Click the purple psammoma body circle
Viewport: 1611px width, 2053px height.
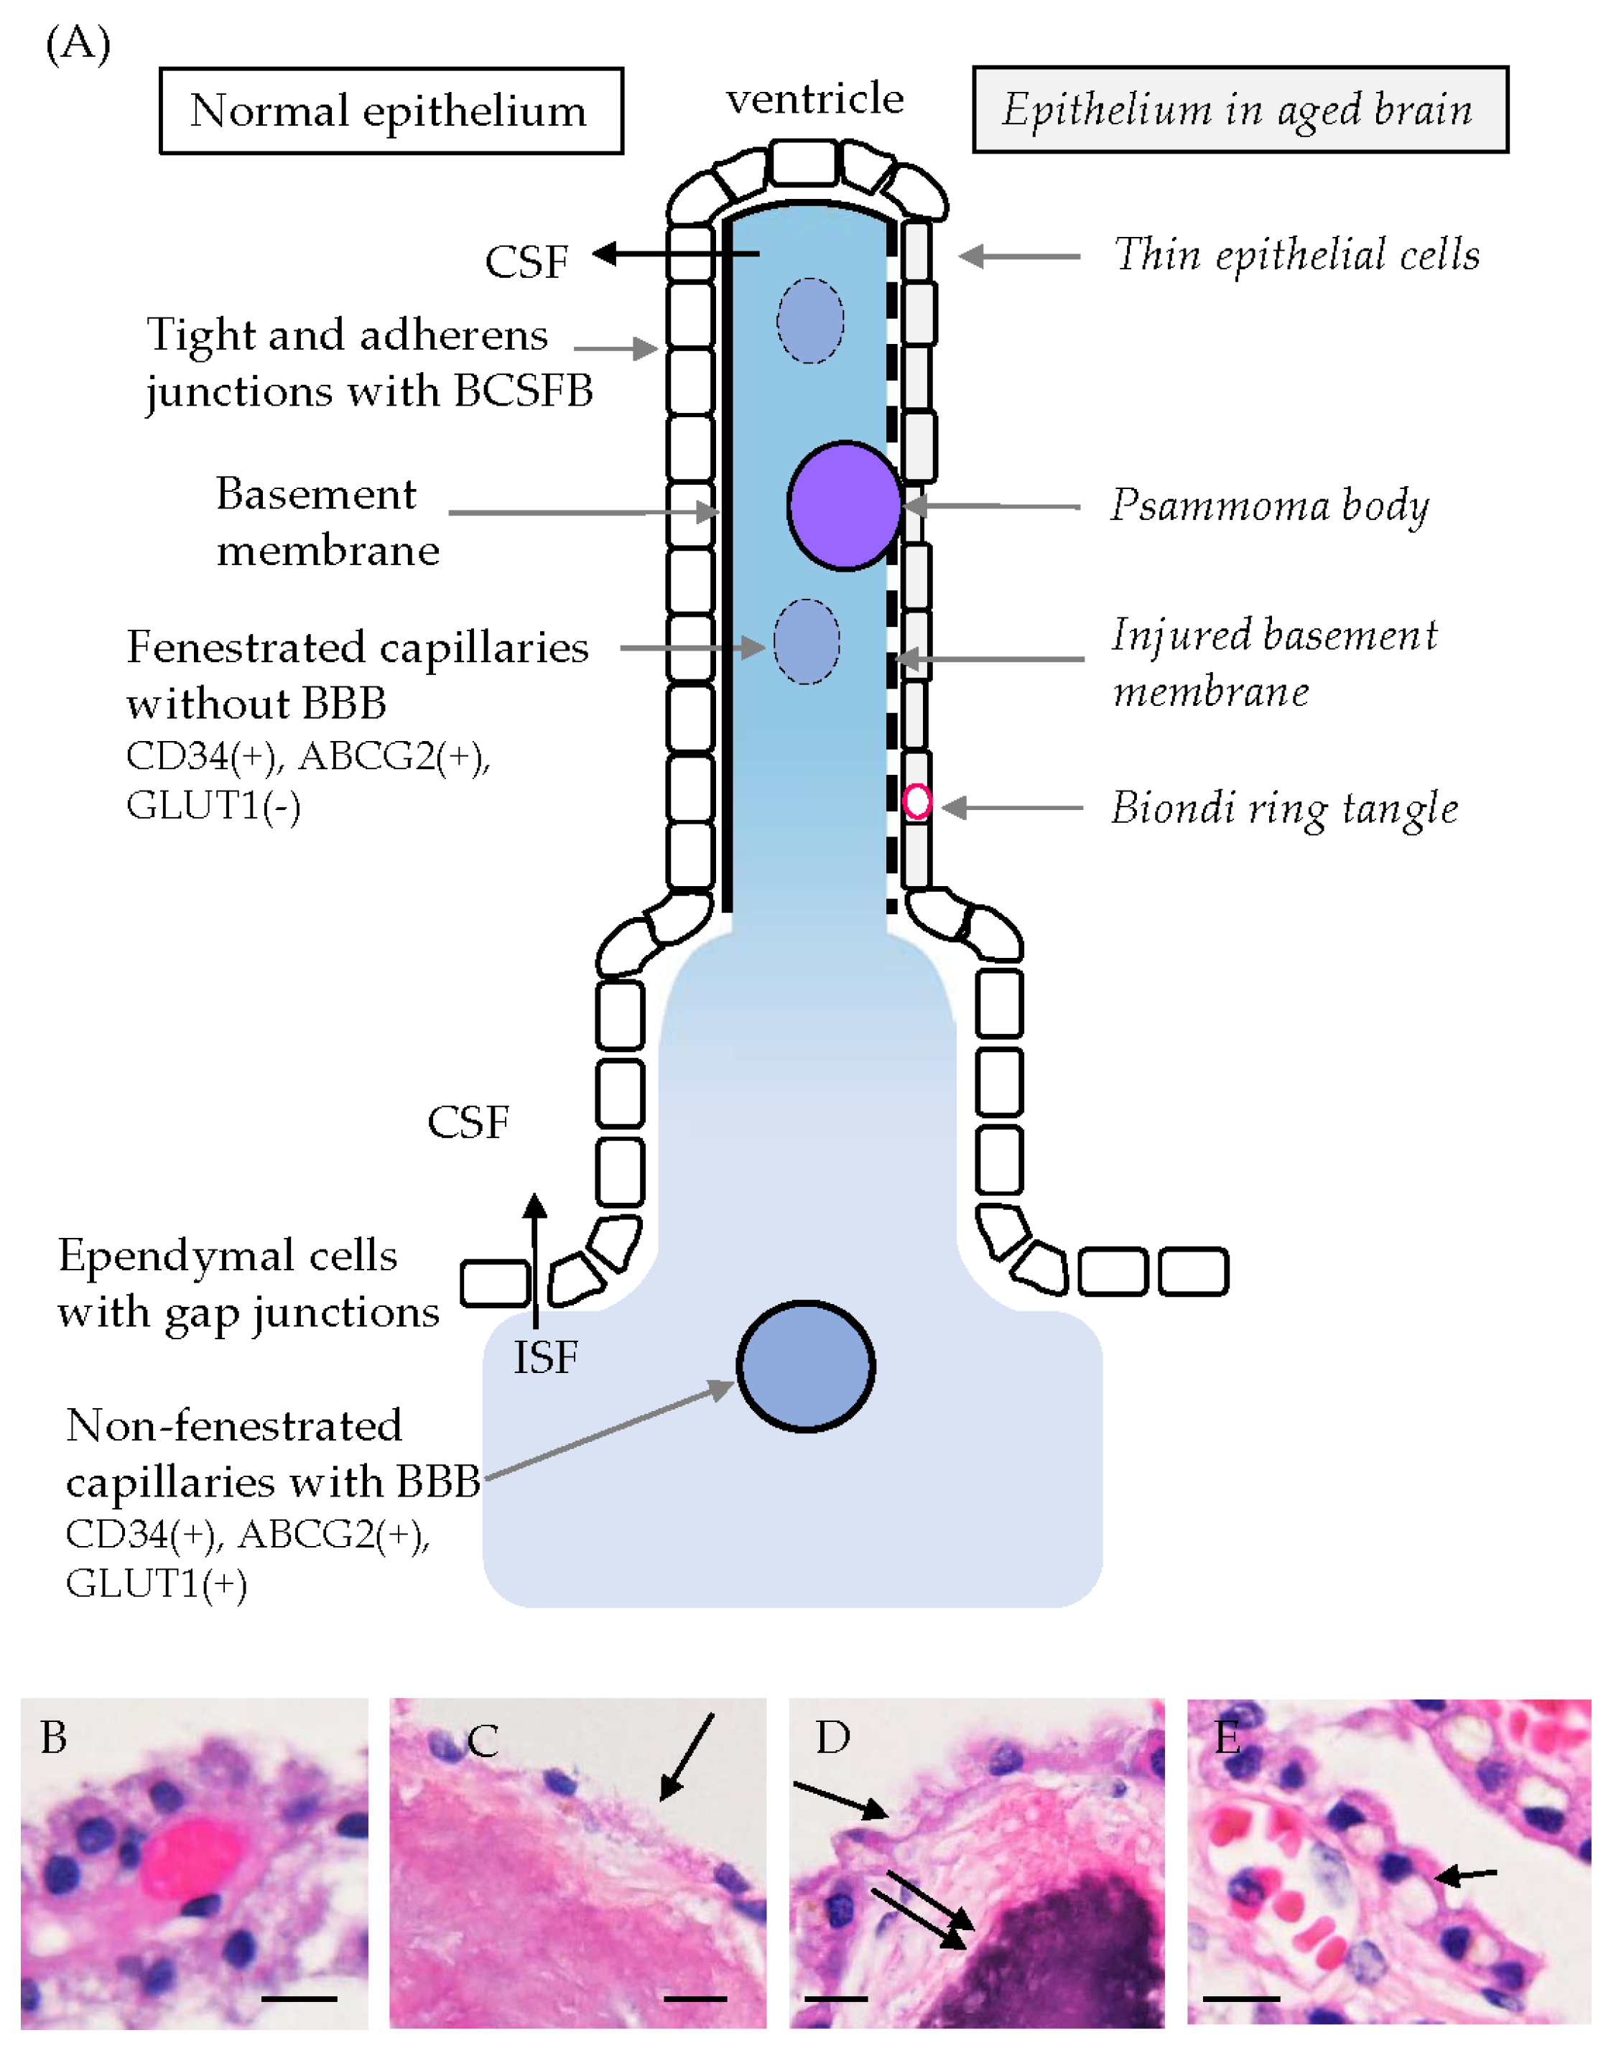click(x=844, y=506)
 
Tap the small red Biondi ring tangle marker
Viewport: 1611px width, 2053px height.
click(x=916, y=801)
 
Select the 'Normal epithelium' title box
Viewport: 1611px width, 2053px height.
click(x=391, y=111)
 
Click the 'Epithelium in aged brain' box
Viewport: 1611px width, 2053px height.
click(x=1240, y=109)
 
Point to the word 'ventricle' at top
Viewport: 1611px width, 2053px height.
click(x=814, y=98)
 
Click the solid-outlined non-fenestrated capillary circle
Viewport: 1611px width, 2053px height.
click(x=806, y=1366)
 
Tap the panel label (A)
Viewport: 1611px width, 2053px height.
click(x=78, y=43)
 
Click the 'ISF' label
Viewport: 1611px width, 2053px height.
click(x=545, y=1358)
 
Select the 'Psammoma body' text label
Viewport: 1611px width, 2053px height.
click(x=1268, y=506)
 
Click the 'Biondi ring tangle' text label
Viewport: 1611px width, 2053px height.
click(x=1283, y=808)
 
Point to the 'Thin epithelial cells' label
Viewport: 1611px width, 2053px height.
click(x=1296, y=255)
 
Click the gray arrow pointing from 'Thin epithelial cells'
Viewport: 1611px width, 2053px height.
click(x=1018, y=256)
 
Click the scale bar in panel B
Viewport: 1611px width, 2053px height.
click(x=298, y=1998)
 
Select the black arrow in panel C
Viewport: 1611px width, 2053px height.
click(x=686, y=1756)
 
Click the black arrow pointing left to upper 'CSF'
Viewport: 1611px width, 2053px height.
click(x=675, y=253)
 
